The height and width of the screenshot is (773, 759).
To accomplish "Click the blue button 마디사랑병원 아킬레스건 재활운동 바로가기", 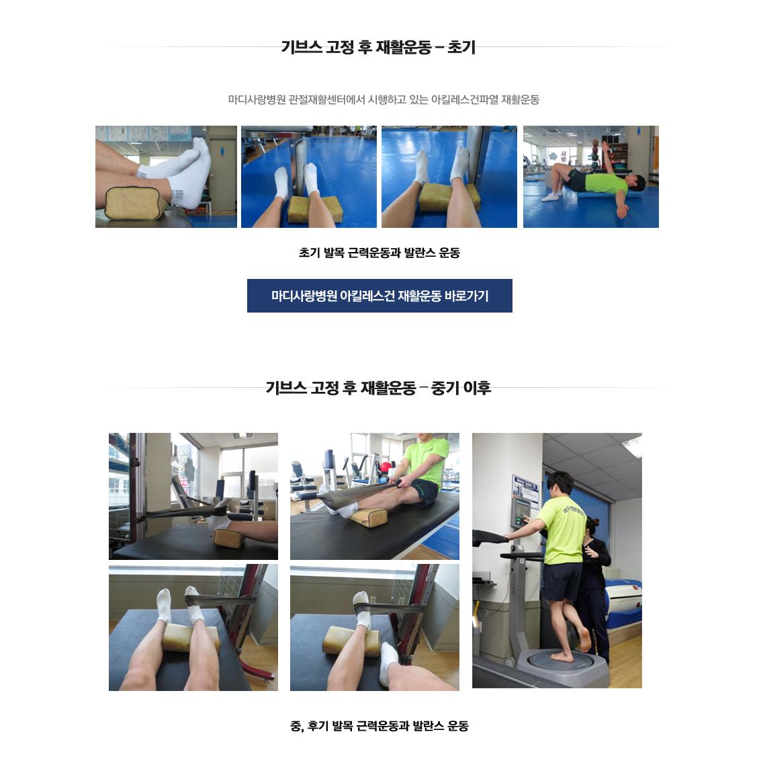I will [x=379, y=296].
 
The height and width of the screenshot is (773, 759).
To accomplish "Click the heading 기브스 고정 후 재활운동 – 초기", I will [x=378, y=47].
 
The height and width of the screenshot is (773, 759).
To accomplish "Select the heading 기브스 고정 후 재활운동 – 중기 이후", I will [x=378, y=388].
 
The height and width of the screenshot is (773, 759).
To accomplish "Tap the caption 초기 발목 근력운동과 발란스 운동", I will [x=379, y=253].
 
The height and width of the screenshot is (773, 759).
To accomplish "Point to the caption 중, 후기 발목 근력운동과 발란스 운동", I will [x=379, y=726].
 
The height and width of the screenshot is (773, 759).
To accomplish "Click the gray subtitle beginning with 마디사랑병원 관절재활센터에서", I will [x=384, y=99].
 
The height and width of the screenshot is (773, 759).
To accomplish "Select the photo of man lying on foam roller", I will [x=590, y=177].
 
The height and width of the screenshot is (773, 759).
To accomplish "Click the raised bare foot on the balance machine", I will [x=584, y=639].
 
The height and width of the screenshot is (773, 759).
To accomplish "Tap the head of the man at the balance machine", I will [x=560, y=483].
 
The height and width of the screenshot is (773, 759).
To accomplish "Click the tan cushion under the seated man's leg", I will [x=369, y=517].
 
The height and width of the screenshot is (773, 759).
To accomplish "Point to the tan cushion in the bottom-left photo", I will [x=189, y=638].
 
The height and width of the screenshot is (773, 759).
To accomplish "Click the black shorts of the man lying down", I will [x=575, y=180].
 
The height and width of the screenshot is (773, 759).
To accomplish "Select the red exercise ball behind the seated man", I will [x=385, y=469].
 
